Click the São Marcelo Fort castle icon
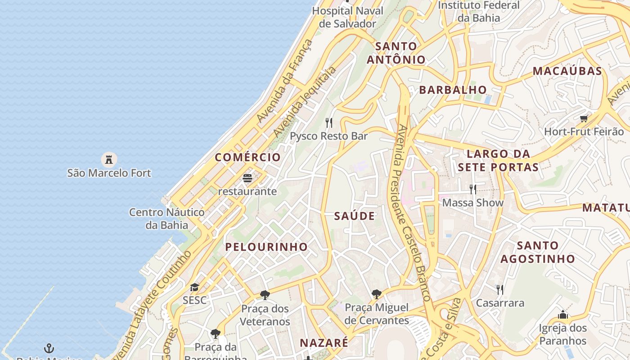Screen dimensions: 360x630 click(108, 159)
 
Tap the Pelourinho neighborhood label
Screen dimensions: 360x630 click(266, 247)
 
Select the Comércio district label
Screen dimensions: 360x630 click(247, 157)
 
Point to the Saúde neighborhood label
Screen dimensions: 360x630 click(355, 216)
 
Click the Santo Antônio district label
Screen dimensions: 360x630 click(396, 53)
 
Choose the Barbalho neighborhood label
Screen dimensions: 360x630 click(453, 90)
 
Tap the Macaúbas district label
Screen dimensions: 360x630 click(567, 71)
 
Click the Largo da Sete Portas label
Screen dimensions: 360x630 click(498, 161)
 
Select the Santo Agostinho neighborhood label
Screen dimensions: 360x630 click(538, 252)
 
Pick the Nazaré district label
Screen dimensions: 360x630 click(324, 342)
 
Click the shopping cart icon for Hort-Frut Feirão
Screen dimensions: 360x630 click(584, 119)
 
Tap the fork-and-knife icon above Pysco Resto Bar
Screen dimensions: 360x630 click(329, 122)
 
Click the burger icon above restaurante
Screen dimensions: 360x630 click(247, 178)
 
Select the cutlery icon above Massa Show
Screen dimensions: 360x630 click(472, 189)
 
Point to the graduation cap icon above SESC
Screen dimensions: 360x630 click(194, 287)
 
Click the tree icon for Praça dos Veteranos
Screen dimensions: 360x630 click(265, 295)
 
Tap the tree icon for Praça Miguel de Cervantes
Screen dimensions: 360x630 click(377, 294)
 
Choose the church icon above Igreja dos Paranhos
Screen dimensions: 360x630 click(562, 315)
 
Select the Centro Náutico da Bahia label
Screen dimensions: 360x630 click(166, 218)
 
